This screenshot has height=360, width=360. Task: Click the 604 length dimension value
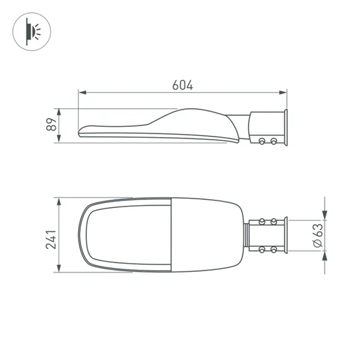[183, 85]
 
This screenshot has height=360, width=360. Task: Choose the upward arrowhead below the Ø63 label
[325, 256]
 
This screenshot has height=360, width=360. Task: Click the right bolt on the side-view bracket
[274, 141]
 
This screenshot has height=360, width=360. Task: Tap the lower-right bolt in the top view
[274, 249]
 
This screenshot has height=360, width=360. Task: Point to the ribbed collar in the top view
[246, 234]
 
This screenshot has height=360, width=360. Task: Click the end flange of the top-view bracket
[286, 235]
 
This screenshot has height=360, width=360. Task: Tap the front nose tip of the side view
[80, 132]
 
